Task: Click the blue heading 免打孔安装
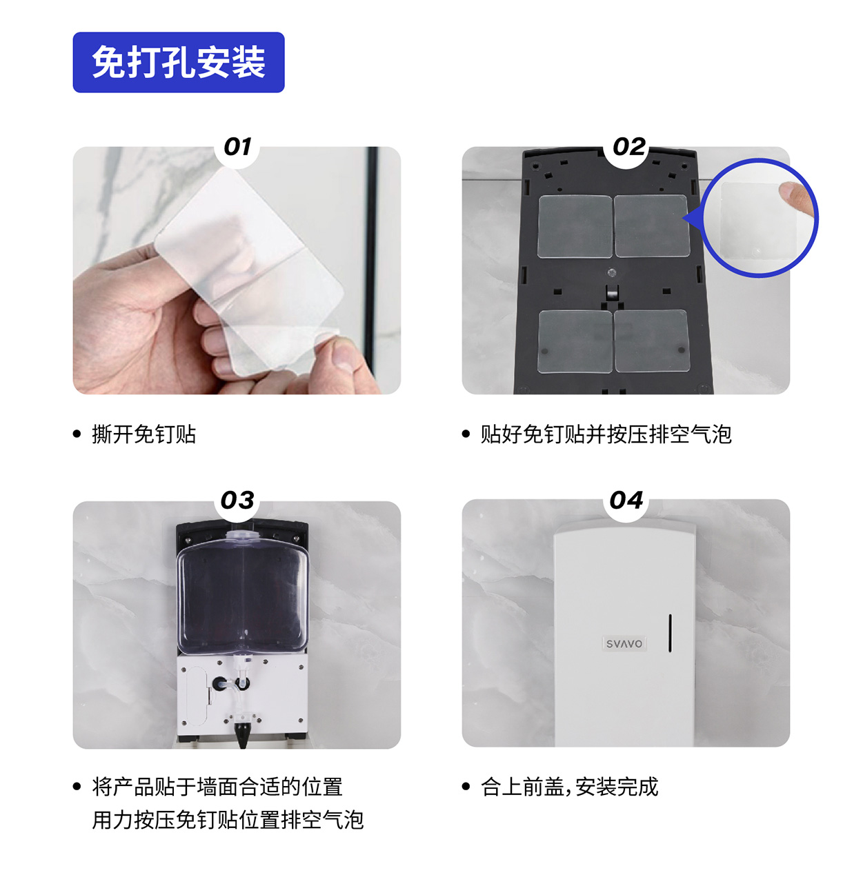[x=179, y=62]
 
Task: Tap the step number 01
[x=237, y=147]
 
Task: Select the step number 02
[x=629, y=147]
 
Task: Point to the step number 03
[x=237, y=500]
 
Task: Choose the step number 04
[x=626, y=500]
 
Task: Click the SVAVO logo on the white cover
[x=624, y=644]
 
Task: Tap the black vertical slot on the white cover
[x=670, y=633]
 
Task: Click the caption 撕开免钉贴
[x=144, y=434]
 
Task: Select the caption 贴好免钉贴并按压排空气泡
[x=606, y=434]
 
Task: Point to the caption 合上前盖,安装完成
[x=570, y=787]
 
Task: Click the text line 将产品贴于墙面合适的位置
[x=217, y=787]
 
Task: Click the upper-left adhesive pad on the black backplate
[x=575, y=226]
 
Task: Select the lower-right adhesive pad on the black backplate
[x=651, y=341]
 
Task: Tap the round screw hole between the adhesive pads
[x=611, y=272]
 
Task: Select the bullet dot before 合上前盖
[x=466, y=787]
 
